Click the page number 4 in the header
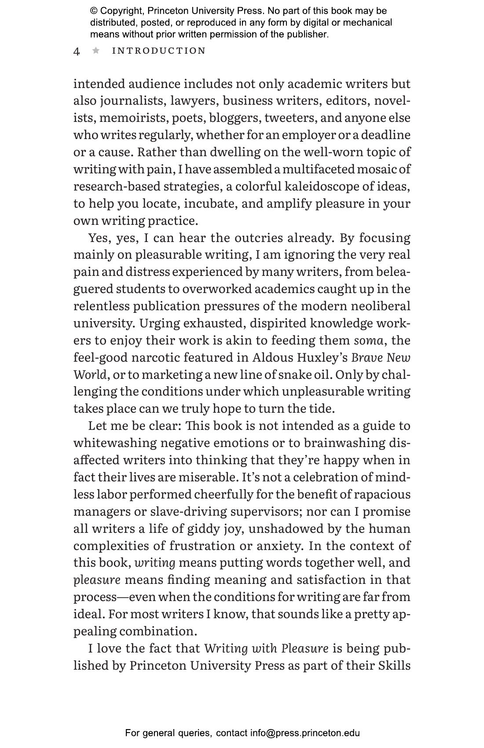click(x=77, y=51)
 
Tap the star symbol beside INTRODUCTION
click(x=96, y=51)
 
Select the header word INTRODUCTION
click(x=159, y=51)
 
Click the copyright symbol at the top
click(x=94, y=11)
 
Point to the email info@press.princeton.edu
click(x=305, y=733)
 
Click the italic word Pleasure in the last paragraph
click(x=304, y=648)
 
